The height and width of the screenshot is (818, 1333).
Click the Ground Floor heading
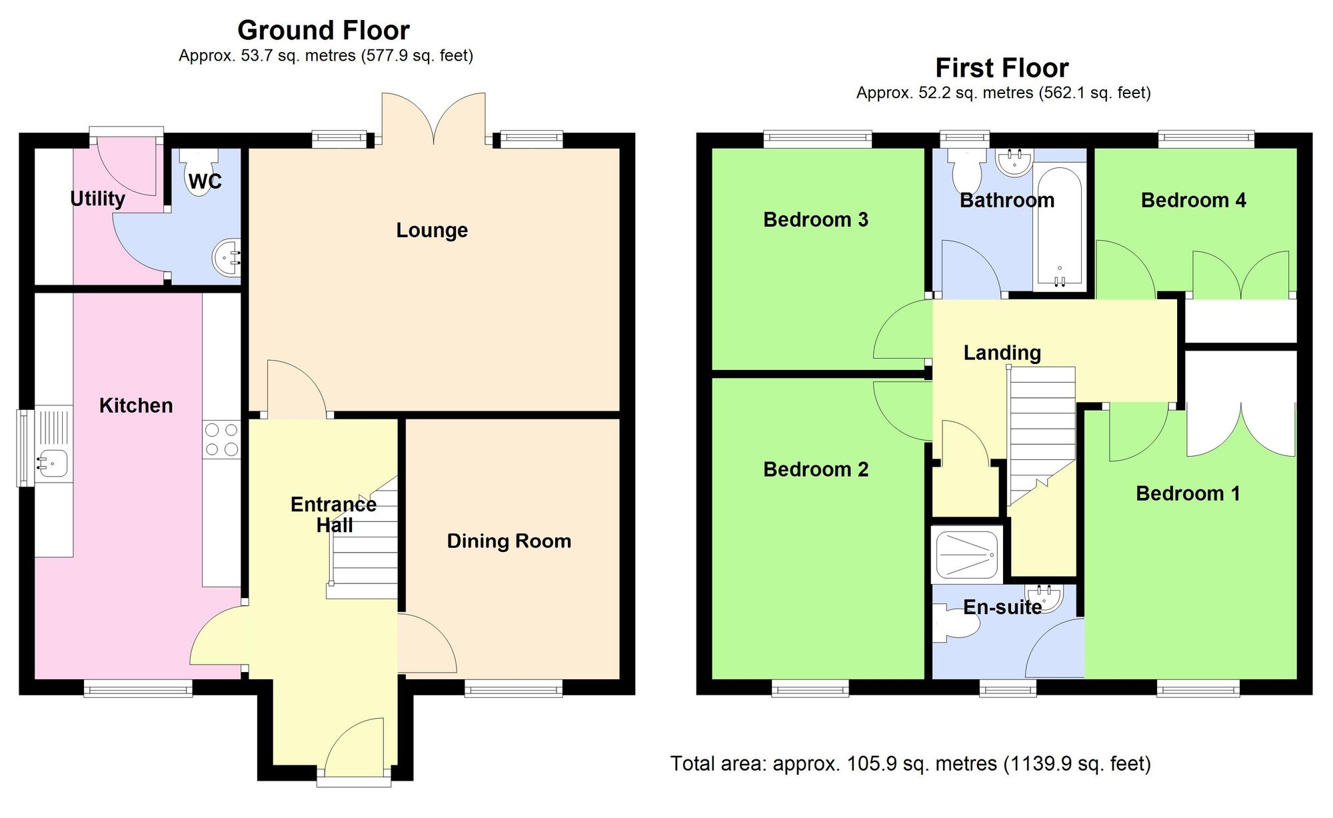(323, 31)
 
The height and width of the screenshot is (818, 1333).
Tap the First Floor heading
(1002, 68)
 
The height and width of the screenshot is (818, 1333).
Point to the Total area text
(910, 763)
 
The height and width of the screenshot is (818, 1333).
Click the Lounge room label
(432, 230)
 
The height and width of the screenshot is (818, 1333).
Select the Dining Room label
(509, 541)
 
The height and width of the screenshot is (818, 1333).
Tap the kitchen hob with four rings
(222, 439)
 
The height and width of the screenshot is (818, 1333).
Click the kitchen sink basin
(52, 462)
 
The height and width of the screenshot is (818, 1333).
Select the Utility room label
(98, 199)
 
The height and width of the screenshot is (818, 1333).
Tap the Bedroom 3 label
(815, 219)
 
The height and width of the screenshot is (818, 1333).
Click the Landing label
(1002, 353)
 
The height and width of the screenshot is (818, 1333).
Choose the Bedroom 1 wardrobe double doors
(1241, 430)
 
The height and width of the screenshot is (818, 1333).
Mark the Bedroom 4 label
(1193, 200)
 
